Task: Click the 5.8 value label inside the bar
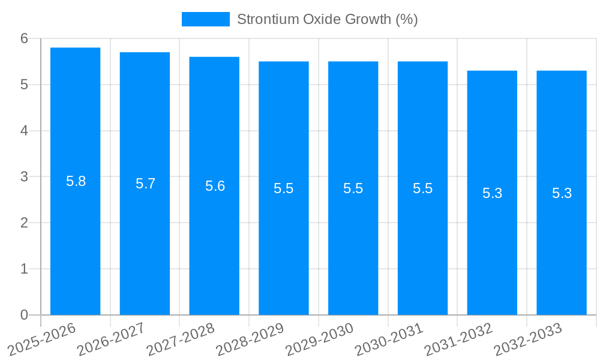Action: tap(76, 181)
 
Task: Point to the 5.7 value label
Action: tap(145, 184)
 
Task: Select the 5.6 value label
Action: tap(215, 186)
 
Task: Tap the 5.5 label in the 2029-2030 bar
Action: tap(353, 188)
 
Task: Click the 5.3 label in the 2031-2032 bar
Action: tap(492, 193)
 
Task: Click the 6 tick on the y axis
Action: tap(24, 38)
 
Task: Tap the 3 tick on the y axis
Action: tap(24, 177)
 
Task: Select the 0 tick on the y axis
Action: tap(24, 315)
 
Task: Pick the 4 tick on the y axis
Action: tap(24, 131)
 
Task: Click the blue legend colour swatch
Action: tap(205, 19)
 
